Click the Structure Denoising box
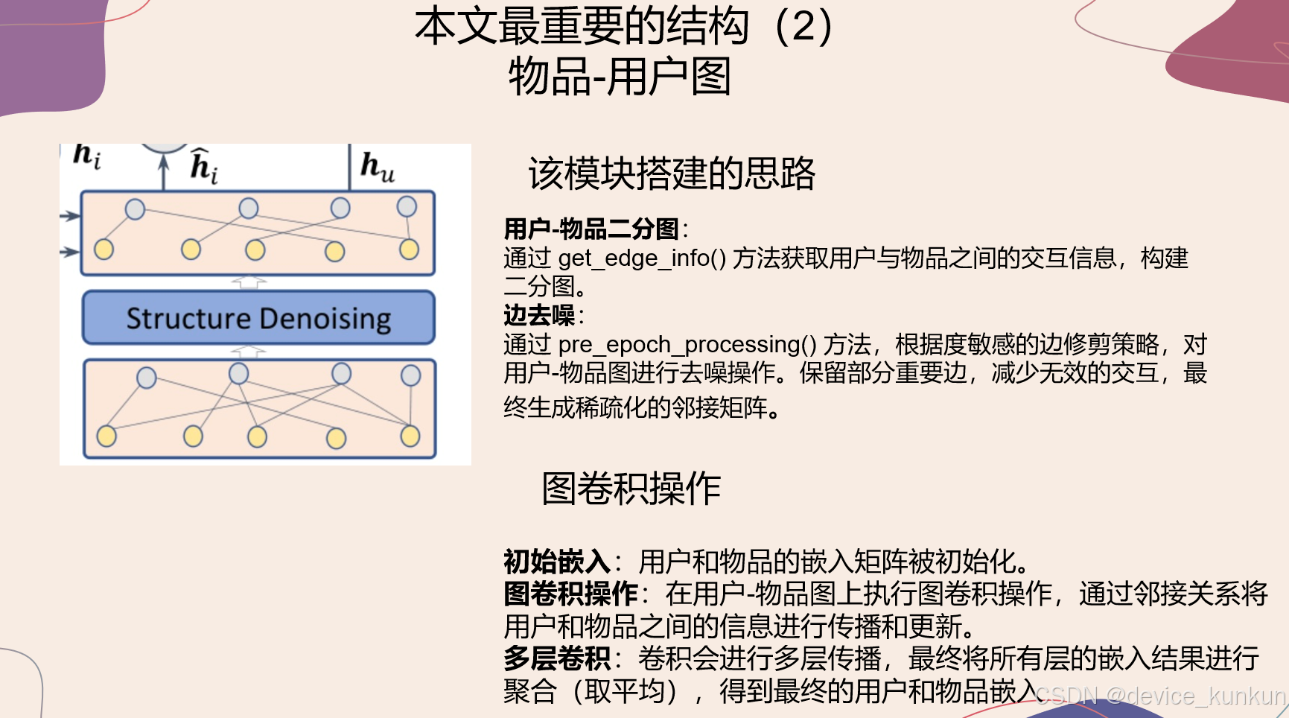click(258, 318)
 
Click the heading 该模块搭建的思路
click(672, 174)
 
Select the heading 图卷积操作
click(631, 489)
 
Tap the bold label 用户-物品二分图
click(591, 229)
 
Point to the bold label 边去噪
click(539, 315)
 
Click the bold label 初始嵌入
click(556, 561)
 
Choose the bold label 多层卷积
click(556, 658)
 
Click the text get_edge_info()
click(642, 258)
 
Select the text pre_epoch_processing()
click(687, 345)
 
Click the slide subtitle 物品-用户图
click(620, 77)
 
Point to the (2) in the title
click(803, 26)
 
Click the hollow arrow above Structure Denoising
click(249, 282)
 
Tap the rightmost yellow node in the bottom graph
click(410, 436)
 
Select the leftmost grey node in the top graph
click(135, 209)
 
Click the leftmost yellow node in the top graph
click(104, 250)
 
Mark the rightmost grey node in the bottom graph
click(410, 375)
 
